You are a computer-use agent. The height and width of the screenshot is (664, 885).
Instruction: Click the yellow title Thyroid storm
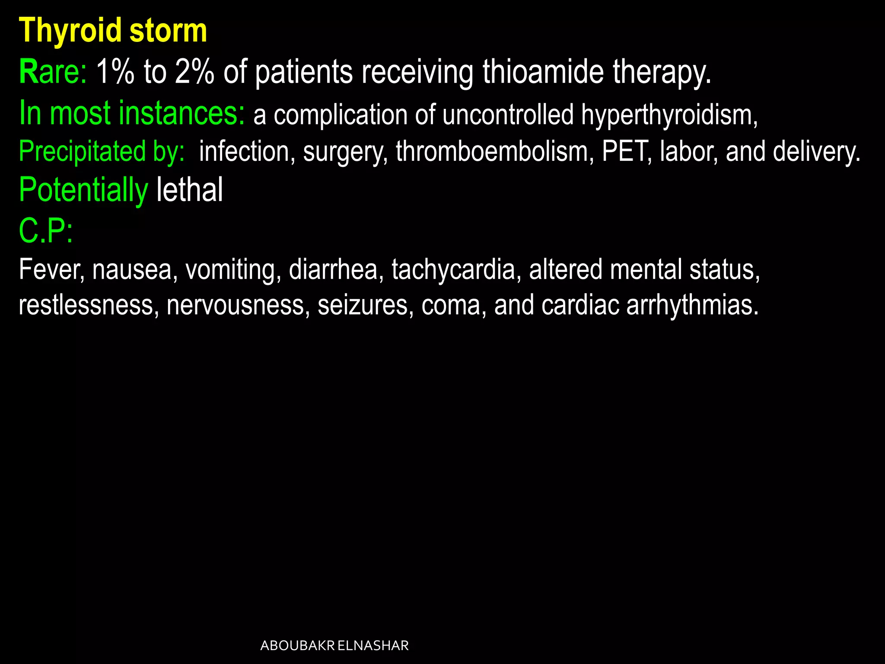pos(113,31)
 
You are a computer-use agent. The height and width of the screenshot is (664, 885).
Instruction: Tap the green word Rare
pos(52,72)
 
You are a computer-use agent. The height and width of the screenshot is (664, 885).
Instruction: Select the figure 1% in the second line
pos(115,72)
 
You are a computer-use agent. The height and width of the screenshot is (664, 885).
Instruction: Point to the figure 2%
pos(194,72)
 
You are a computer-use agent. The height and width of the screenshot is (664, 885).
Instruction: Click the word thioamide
pos(543,72)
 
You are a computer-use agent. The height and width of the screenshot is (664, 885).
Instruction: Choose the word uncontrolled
pos(508,115)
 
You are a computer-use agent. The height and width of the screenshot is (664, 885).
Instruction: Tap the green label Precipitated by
pos(102,152)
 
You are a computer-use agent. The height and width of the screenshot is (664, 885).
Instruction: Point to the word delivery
pos(816,152)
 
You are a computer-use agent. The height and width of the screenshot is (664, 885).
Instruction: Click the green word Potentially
pos(83,190)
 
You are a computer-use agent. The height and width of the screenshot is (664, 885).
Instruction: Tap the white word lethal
pos(190,190)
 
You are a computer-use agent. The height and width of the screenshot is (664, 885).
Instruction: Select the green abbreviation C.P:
pos(46,231)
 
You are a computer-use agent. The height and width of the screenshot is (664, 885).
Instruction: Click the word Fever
pos(51,269)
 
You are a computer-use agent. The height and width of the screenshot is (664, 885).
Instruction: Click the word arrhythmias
pos(692,305)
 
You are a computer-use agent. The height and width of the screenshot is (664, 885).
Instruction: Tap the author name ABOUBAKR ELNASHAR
pos(334,645)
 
